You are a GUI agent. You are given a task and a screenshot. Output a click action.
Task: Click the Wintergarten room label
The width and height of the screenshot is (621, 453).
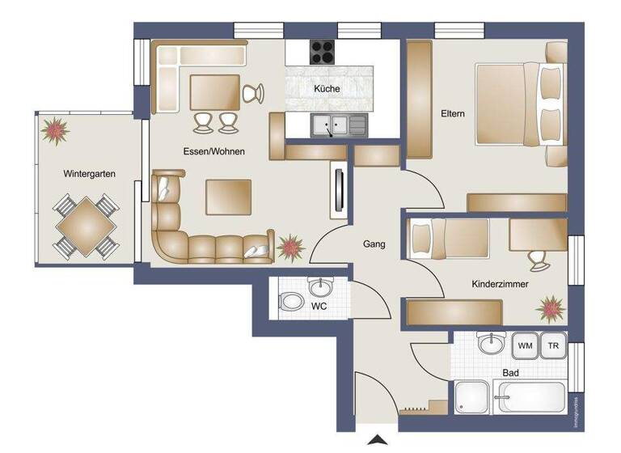(90, 174)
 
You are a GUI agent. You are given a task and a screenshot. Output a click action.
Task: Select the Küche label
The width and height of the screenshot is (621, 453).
(327, 89)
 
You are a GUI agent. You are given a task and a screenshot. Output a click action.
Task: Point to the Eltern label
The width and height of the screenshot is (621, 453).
(453, 114)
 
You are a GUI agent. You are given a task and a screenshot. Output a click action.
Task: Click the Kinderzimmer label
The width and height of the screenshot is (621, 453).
(501, 284)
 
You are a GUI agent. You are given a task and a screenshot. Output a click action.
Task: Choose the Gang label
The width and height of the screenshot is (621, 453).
(374, 243)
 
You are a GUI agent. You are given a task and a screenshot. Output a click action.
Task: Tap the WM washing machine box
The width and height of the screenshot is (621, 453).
(526, 346)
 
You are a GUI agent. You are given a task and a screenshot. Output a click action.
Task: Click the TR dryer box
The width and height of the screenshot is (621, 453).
(553, 346)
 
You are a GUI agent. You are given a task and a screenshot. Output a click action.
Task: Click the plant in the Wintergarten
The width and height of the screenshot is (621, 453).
(56, 129)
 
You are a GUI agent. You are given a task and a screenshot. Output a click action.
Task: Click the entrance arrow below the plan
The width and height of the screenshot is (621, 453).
(377, 441)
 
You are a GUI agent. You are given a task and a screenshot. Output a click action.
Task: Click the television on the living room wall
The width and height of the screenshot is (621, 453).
(337, 190)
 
